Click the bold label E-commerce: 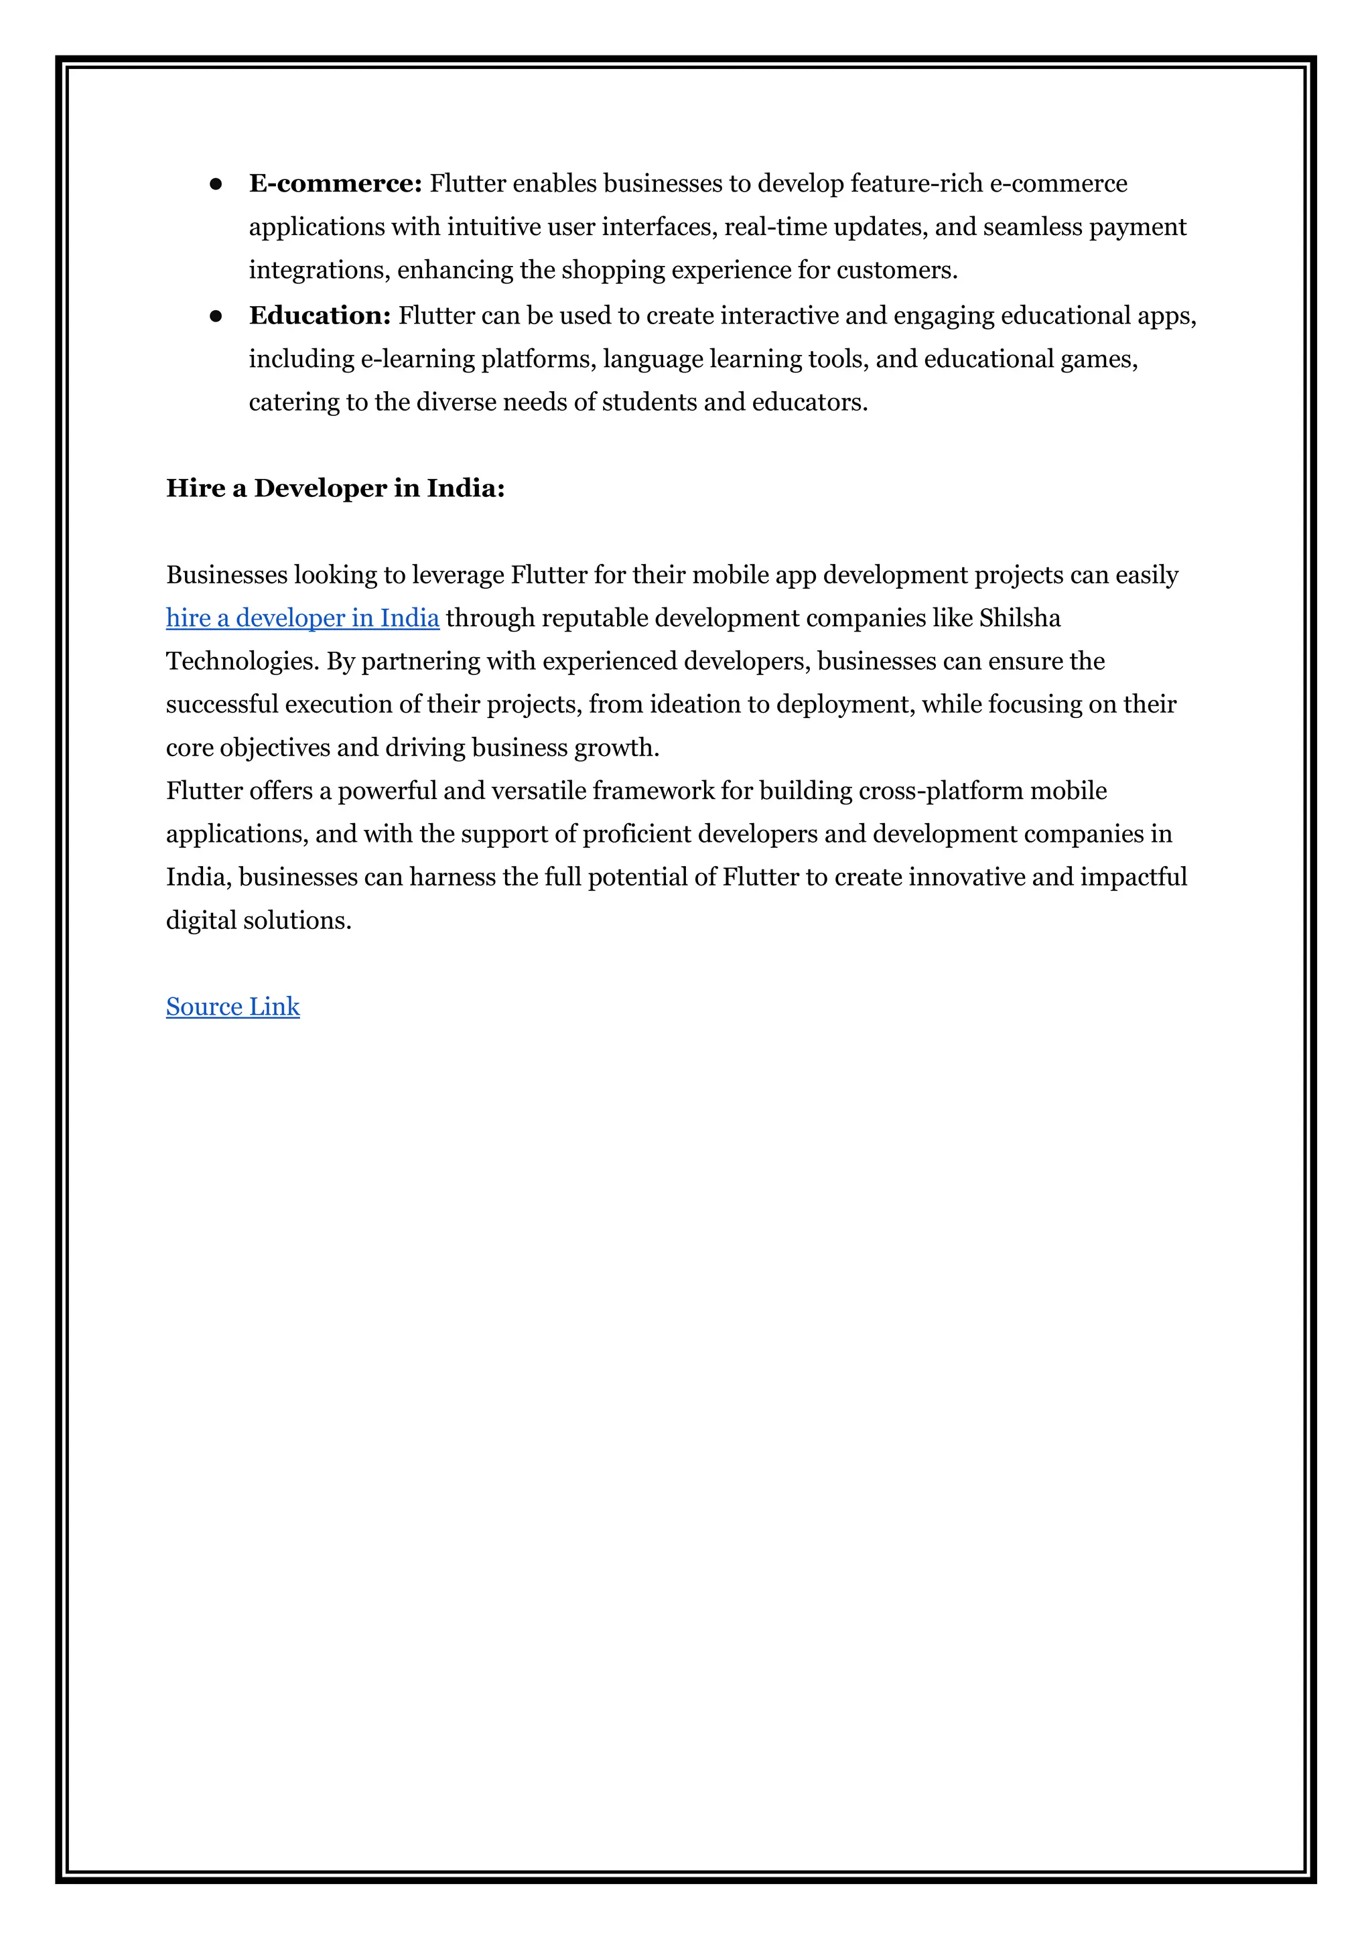click(336, 184)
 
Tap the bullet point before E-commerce click(216, 184)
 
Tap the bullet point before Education click(216, 316)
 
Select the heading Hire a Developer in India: click(336, 488)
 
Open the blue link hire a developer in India click(302, 618)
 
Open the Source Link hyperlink click(232, 1007)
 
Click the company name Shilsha click(1020, 618)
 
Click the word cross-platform click(939, 790)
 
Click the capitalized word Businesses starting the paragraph click(226, 575)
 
